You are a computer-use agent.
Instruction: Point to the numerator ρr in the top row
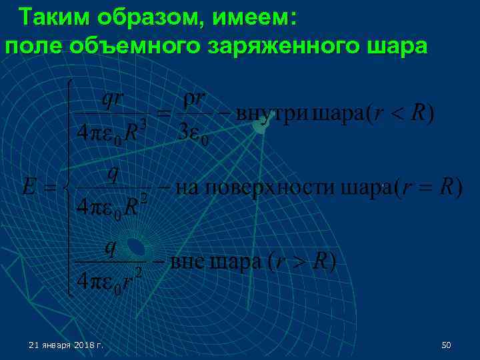[x=195, y=101]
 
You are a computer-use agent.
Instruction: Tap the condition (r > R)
[x=302, y=261]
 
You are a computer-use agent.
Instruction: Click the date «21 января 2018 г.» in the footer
[x=66, y=345]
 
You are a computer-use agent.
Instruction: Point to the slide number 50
[x=447, y=345]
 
